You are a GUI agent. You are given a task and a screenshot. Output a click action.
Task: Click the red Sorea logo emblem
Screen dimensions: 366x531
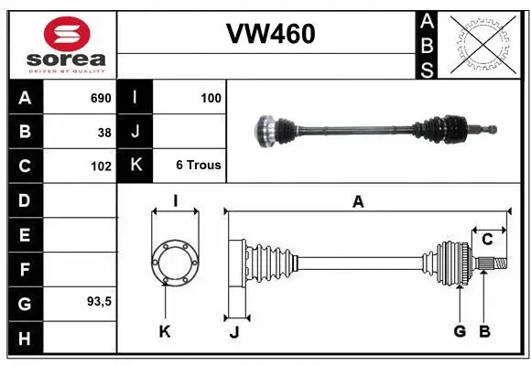click(67, 34)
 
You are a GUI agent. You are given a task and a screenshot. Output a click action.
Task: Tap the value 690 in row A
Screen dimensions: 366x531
click(99, 98)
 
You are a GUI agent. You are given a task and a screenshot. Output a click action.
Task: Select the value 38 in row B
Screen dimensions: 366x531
click(103, 132)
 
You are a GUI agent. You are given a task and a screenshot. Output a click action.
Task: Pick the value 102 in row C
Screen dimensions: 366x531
click(100, 167)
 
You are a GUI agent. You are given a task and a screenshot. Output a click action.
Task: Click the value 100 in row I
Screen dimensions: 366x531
click(210, 98)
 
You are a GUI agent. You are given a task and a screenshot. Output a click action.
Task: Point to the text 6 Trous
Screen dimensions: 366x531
click(198, 166)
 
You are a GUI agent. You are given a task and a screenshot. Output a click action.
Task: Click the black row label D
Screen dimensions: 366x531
click(24, 200)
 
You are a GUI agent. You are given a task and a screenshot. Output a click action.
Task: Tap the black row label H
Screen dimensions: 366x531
click(24, 339)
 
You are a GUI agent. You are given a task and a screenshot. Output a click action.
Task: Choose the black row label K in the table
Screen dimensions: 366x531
click(135, 166)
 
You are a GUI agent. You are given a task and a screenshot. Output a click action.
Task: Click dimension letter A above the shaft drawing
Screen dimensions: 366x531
click(358, 202)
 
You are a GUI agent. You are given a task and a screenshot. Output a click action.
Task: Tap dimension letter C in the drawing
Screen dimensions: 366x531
click(487, 240)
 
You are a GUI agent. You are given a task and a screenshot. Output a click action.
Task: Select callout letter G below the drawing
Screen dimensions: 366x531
click(460, 330)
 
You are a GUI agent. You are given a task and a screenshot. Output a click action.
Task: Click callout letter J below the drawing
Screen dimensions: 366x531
click(233, 331)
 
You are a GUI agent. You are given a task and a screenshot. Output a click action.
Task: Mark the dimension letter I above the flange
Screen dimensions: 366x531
click(174, 201)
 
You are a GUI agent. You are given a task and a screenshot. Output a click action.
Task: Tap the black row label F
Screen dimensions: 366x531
click(24, 270)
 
